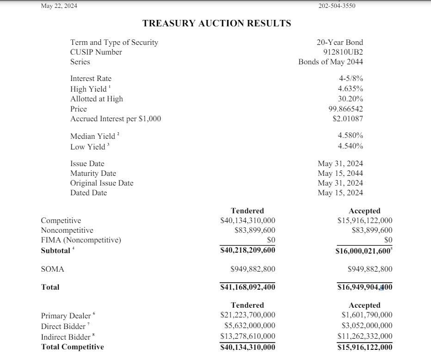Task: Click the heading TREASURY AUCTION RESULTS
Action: [216, 23]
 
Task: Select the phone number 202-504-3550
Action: [337, 6]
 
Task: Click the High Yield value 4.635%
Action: [350, 88]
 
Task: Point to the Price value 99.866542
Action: [345, 109]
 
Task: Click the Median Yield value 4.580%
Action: [350, 136]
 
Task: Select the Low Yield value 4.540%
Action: [350, 146]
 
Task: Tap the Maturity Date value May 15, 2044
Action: [340, 173]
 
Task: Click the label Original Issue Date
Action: [102, 183]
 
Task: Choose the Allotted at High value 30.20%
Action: [350, 99]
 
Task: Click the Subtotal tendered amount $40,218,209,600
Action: [247, 250]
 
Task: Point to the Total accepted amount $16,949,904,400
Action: [364, 287]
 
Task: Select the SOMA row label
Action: [52, 269]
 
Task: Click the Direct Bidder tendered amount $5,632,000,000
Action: [250, 325]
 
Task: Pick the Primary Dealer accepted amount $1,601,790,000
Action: [366, 315]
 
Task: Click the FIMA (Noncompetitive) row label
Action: [81, 240]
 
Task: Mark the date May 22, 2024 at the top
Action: [59, 6]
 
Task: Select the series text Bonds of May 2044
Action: [331, 62]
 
